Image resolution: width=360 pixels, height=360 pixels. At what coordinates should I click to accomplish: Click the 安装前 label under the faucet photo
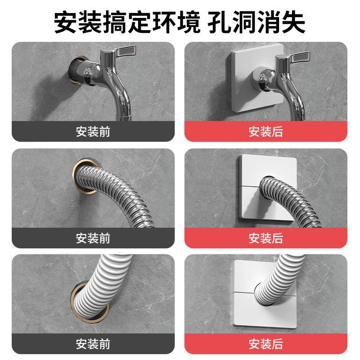[93, 131]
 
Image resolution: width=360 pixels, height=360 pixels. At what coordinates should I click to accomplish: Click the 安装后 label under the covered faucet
[266, 131]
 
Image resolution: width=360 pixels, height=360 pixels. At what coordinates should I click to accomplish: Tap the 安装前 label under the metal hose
[93, 238]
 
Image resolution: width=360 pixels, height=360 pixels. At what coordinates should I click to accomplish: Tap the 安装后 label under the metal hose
[266, 238]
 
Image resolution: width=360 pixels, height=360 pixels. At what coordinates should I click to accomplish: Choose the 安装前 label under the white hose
[93, 344]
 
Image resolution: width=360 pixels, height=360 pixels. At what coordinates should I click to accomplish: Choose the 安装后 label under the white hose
[266, 344]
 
